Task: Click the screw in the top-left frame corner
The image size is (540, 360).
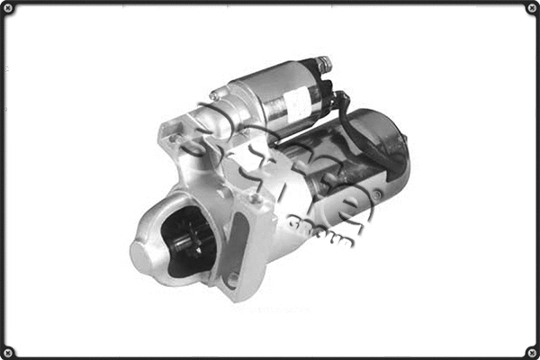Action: tap(9, 9)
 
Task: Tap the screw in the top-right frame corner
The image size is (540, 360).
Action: tap(530, 9)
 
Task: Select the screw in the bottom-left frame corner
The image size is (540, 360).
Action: tap(9, 351)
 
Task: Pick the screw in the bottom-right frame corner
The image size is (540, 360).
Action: tap(530, 351)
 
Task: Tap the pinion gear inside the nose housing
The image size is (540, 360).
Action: tap(189, 239)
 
